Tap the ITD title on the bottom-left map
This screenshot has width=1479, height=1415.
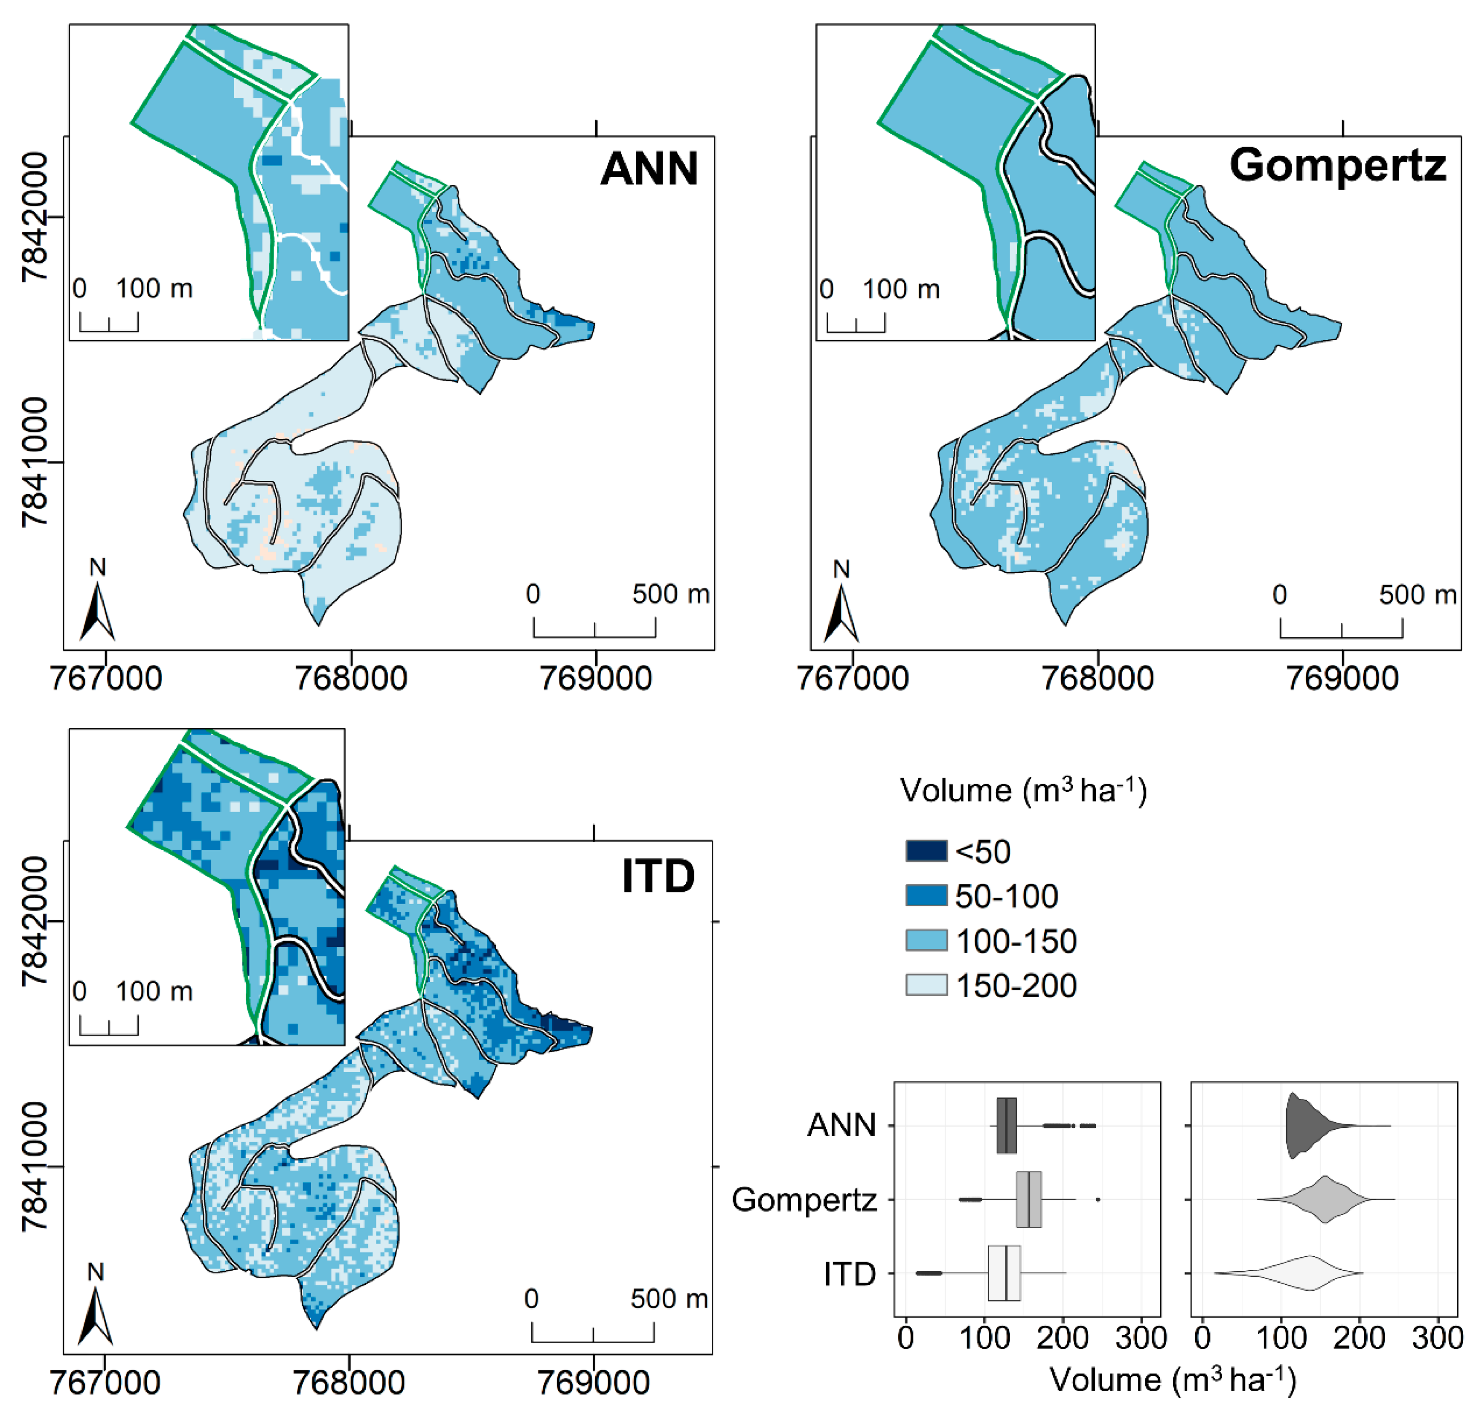pos(658,876)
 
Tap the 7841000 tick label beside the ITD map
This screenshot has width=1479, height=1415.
pos(35,1167)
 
